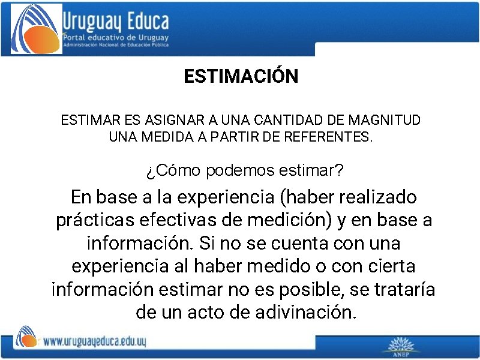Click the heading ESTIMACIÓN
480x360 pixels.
tap(241, 77)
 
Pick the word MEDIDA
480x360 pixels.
tap(168, 137)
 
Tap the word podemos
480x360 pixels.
tap(239, 171)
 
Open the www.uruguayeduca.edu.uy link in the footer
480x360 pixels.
tap(94, 341)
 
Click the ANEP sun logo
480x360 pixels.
tap(401, 346)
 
